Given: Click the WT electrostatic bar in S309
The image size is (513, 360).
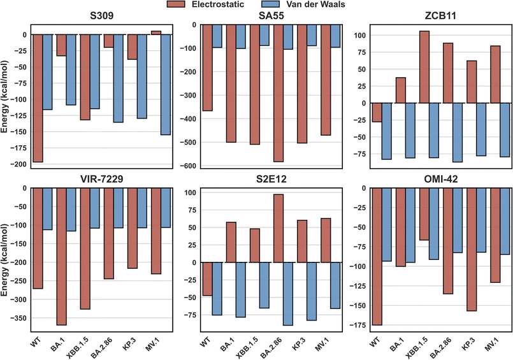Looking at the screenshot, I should [38, 98].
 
